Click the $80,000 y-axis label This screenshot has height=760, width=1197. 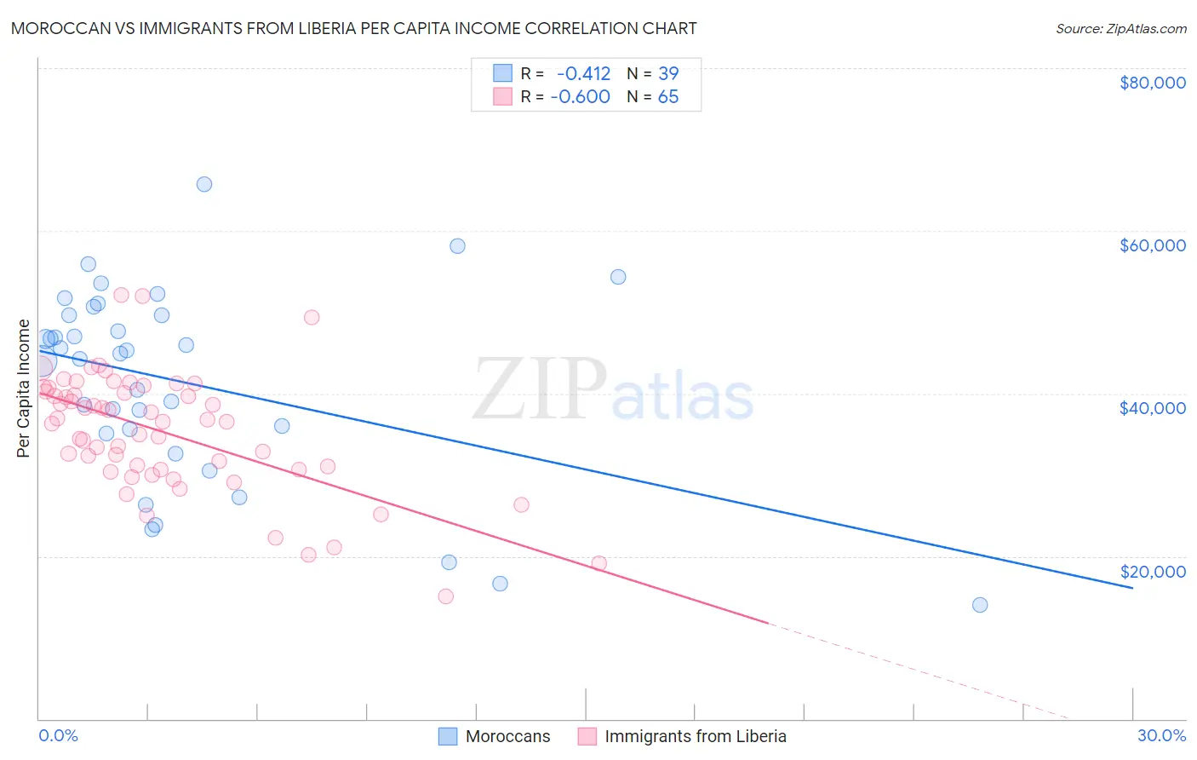pos(1152,83)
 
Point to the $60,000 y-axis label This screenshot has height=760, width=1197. pos(1152,245)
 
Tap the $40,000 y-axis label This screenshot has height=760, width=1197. pos(1152,408)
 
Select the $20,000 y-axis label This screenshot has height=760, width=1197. pos(1152,571)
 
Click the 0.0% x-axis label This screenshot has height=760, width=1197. pos(58,735)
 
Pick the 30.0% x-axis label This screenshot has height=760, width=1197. pos(1161,735)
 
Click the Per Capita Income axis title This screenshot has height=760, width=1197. pos(24,388)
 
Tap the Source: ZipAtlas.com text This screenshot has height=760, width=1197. pos(1120,29)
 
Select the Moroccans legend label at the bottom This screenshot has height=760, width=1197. pos(507,736)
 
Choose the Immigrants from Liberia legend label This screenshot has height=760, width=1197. pos(695,736)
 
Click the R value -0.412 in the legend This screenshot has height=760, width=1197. pos(583,73)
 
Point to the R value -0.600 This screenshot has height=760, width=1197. pos(581,96)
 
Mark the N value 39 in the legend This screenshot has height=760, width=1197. pos(668,73)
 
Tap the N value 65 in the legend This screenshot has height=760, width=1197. pos(668,96)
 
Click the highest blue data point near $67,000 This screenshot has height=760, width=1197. pos(204,184)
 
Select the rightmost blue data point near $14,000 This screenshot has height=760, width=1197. pos(980,605)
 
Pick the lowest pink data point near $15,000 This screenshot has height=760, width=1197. pos(445,596)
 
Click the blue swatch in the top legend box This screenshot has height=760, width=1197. pos(502,73)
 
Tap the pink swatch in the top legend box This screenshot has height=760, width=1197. pos(502,96)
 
